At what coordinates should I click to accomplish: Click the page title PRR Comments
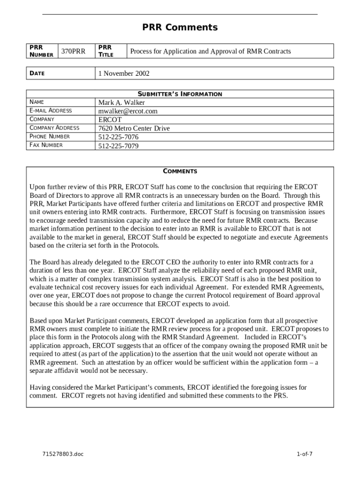point(180,28)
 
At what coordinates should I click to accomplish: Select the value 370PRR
point(73,51)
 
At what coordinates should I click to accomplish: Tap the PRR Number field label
point(41,51)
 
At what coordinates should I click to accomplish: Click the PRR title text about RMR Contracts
point(210,51)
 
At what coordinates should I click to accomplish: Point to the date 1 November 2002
point(124,73)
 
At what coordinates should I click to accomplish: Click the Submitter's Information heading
point(180,94)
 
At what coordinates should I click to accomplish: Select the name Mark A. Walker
point(122,102)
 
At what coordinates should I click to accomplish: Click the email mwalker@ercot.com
point(128,111)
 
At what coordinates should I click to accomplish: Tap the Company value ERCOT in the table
point(110,120)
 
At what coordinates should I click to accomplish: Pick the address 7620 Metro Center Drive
point(134,128)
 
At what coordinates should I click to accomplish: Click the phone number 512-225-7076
point(118,137)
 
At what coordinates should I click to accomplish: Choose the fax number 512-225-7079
point(118,145)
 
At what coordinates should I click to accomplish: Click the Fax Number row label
point(46,145)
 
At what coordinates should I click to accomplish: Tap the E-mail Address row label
point(50,110)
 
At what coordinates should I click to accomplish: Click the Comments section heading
point(180,171)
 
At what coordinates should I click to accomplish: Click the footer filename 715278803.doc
point(63,454)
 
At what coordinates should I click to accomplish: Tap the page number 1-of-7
point(304,454)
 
